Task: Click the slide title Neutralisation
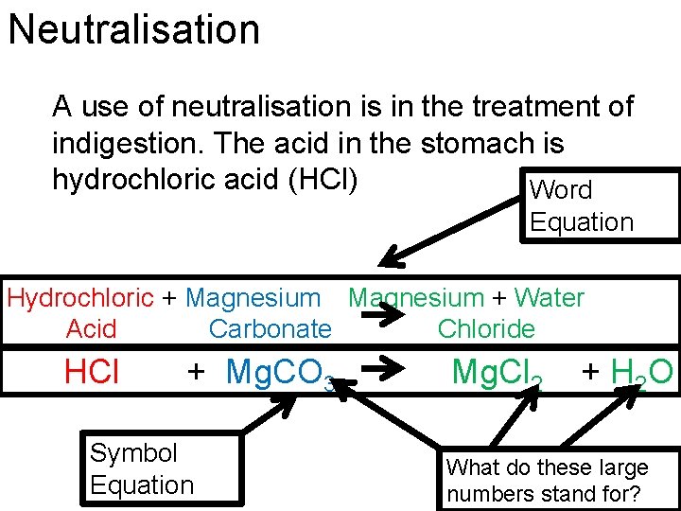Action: click(x=133, y=29)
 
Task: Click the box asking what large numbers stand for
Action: click(x=559, y=479)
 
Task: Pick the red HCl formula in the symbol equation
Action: click(x=92, y=372)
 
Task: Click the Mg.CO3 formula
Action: click(x=279, y=373)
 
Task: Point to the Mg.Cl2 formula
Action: click(x=497, y=372)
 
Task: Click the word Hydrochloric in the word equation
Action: click(x=79, y=298)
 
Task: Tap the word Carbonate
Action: click(x=270, y=329)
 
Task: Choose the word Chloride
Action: click(x=486, y=329)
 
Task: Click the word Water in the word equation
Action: click(x=549, y=298)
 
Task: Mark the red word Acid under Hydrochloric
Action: click(x=92, y=329)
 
